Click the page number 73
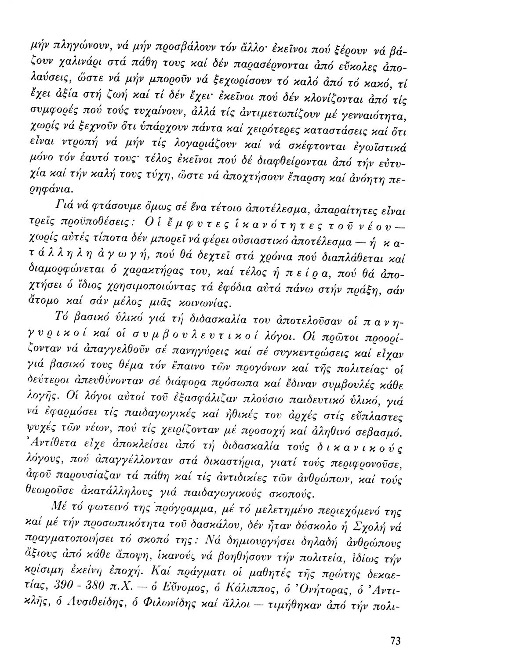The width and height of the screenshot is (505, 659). click(x=395, y=640)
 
